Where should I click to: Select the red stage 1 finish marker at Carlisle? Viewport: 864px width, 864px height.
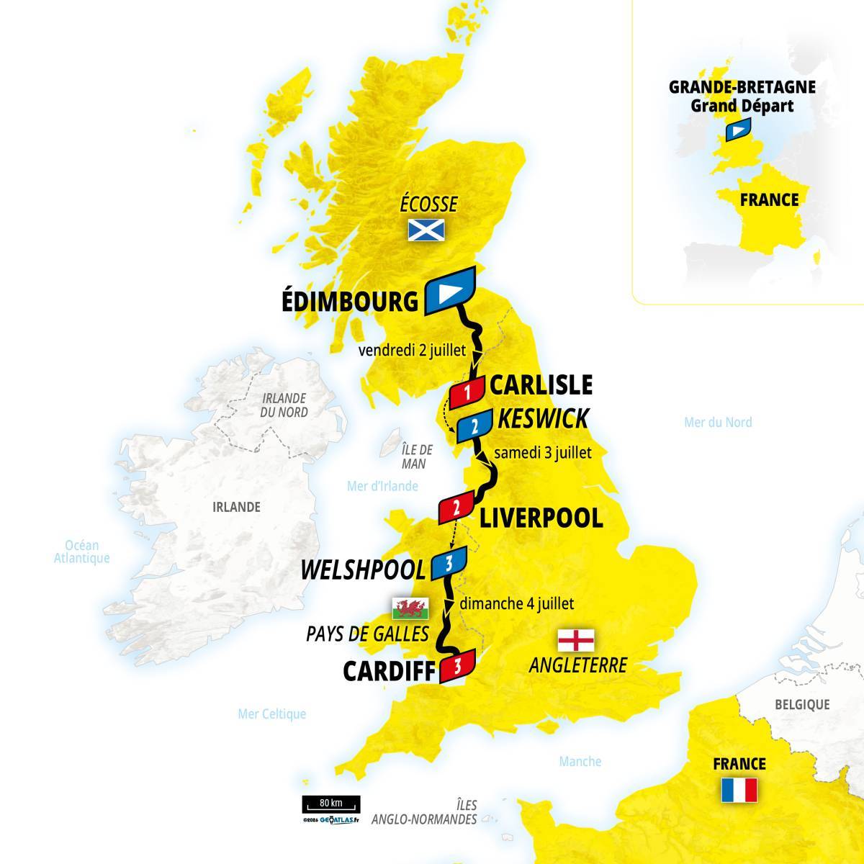tap(468, 392)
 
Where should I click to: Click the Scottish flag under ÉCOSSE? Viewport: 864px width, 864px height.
tap(426, 230)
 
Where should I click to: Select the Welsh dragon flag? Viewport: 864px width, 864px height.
tap(410, 609)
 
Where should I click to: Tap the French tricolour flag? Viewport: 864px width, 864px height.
tap(739, 790)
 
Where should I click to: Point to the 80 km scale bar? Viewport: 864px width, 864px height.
tap(331, 804)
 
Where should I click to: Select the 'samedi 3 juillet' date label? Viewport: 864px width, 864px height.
tap(543, 453)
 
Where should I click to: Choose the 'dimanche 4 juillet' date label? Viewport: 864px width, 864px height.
tap(516, 604)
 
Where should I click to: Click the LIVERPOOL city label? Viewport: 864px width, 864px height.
tap(541, 517)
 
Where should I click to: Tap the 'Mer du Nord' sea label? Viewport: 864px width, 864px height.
tap(718, 422)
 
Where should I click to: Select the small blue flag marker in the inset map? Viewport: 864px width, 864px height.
tap(737, 130)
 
